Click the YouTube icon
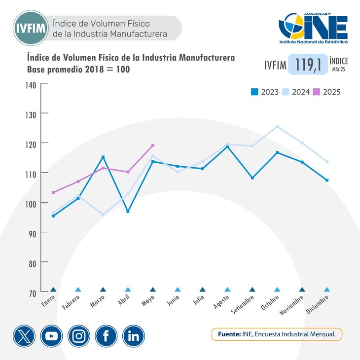coord(51,336)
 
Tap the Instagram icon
coord(78,336)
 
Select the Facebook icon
coord(106,336)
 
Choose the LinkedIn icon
coord(133,336)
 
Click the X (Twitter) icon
coord(24,336)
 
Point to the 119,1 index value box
coord(308,65)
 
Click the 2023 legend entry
coord(265,92)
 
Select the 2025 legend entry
coord(326,92)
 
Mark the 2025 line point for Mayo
coord(153,145)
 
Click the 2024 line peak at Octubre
coord(277,127)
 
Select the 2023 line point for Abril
coord(128,211)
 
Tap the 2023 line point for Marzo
coord(103,157)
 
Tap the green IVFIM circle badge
coord(31,29)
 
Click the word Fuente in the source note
coord(229,334)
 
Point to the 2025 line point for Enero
coord(53,192)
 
